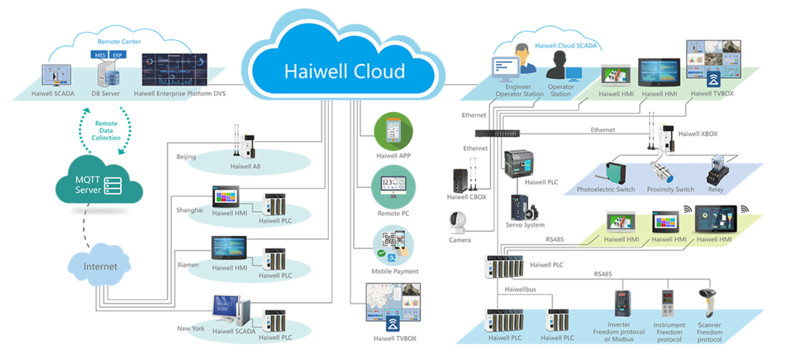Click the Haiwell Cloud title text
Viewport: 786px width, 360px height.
344,70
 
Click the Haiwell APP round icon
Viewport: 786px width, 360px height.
393,131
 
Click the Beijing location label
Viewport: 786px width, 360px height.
186,156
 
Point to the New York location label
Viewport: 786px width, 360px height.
191,328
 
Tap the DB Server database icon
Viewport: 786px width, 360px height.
108,73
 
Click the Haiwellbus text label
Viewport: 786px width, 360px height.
521,290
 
